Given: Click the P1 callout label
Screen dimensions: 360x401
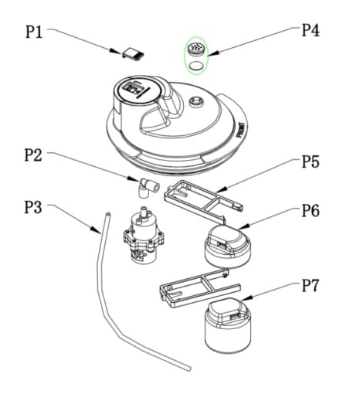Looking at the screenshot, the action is click(x=34, y=32).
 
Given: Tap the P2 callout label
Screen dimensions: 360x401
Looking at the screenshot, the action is click(x=33, y=155).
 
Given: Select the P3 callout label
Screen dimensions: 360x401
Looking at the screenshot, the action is click(x=33, y=207).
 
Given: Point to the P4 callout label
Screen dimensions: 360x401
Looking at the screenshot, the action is click(x=311, y=30).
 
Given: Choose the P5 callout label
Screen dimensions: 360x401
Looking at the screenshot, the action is click(x=311, y=161).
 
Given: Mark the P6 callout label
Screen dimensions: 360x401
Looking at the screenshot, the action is click(x=311, y=210).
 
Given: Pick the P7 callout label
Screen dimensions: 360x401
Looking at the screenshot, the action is click(x=311, y=285).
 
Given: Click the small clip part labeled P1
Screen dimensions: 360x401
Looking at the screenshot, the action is click(x=133, y=54).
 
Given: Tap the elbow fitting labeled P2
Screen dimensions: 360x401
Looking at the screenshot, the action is click(x=148, y=189).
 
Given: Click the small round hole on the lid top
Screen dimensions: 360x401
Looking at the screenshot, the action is click(x=196, y=102).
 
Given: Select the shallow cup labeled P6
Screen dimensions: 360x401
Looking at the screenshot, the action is click(x=227, y=246).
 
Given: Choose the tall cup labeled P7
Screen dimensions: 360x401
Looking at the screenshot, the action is click(x=228, y=325).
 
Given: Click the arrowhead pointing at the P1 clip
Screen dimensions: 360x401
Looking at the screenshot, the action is click(x=115, y=51).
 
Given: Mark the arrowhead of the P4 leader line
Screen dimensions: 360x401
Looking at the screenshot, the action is click(x=213, y=53).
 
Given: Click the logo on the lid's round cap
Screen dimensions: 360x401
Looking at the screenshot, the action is click(x=134, y=89).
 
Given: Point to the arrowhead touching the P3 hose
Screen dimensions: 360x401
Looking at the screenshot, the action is click(x=97, y=229).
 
